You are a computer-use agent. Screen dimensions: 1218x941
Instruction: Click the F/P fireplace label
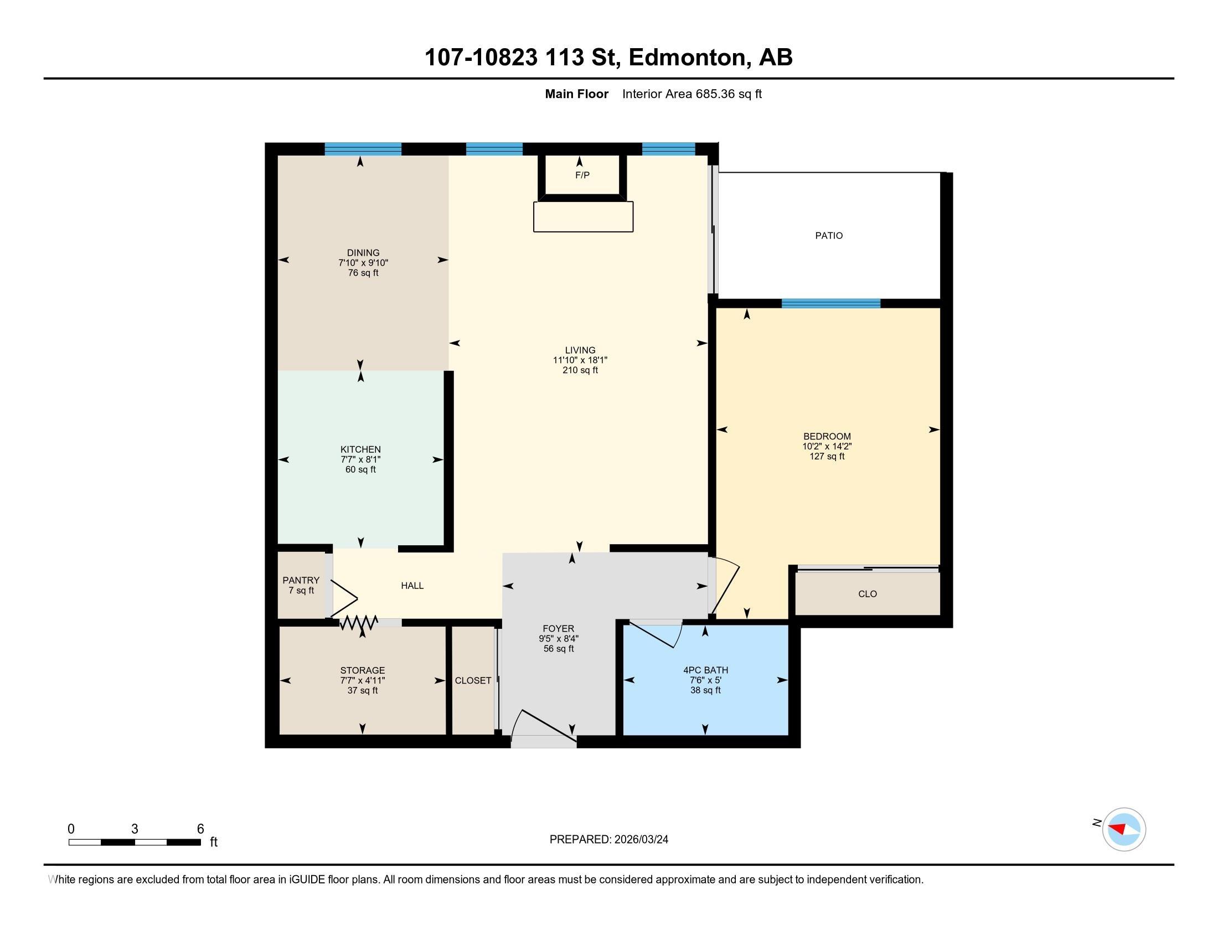click(x=582, y=175)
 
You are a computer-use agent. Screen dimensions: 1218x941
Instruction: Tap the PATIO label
click(x=829, y=236)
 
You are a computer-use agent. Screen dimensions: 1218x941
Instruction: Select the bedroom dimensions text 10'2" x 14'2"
click(x=827, y=447)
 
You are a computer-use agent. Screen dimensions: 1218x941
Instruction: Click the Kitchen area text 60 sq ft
click(x=361, y=469)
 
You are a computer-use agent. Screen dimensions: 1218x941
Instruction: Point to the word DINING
click(x=363, y=253)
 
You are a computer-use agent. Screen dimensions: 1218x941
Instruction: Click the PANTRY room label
click(x=301, y=580)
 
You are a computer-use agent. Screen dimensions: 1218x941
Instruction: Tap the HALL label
click(x=412, y=585)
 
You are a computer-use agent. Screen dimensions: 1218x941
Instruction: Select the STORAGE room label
click(x=363, y=670)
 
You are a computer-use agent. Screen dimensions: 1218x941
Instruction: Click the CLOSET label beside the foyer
click(x=473, y=680)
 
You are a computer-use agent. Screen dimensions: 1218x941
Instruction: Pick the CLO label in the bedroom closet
click(x=868, y=594)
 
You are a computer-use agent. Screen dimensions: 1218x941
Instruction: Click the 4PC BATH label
click(x=705, y=670)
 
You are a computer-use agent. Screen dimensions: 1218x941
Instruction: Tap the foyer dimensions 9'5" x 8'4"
click(x=559, y=639)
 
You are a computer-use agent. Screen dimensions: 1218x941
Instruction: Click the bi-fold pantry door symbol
click(x=345, y=599)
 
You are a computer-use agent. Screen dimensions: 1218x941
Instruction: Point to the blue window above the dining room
click(x=363, y=149)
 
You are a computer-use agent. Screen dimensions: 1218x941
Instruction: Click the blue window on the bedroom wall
click(x=831, y=303)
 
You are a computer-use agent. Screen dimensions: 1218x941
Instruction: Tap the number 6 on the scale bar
click(x=200, y=829)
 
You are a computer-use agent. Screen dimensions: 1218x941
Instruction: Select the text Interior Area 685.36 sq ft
click(x=691, y=94)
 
